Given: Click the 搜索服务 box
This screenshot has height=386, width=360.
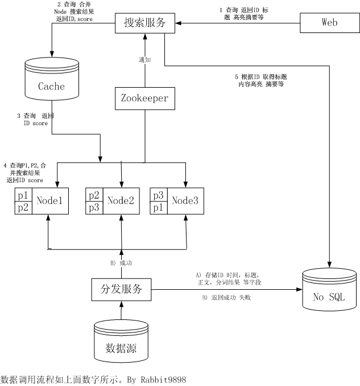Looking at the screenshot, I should point(145,23).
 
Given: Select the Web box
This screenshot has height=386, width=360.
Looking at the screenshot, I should point(329,23).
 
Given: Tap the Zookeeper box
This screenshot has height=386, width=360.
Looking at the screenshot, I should point(144,97).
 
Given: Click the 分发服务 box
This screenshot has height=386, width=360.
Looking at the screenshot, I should point(122,289).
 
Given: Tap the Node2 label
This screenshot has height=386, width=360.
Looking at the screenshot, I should point(120,200).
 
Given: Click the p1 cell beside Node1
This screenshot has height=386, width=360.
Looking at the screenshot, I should point(23,195).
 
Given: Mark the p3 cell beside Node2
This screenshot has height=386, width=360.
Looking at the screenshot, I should point(94,207).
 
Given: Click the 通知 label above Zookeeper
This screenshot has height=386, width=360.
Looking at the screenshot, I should point(145,59).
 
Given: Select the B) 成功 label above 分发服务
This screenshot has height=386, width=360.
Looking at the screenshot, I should point(121,263).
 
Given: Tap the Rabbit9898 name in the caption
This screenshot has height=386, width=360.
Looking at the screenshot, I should point(162,379).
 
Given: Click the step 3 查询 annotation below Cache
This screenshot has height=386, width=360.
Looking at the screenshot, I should point(36,119).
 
